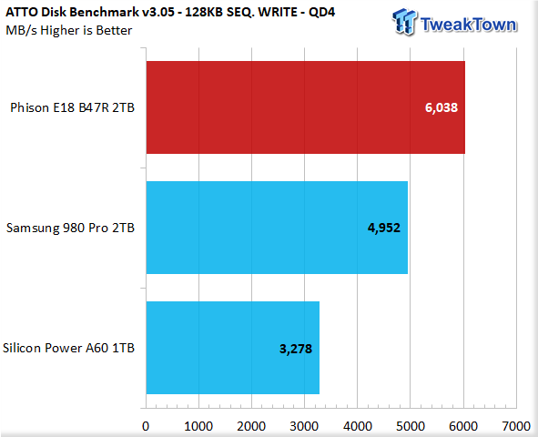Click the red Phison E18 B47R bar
[306, 107]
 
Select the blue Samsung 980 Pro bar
[277, 228]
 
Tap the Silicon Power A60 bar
[233, 348]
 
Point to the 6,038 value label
[442, 107]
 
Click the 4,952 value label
[384, 228]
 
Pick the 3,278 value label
[296, 349]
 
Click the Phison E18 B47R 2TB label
[73, 107]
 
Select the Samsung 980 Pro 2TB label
[70, 228]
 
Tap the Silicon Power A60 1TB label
[68, 348]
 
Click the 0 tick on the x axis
[146, 426]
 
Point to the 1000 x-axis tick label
[198, 426]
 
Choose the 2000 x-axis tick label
[251, 426]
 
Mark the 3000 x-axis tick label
[304, 426]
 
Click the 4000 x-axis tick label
[358, 426]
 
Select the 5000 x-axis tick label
[411, 426]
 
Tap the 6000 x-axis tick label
[463, 426]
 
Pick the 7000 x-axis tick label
[516, 426]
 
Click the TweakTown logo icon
[404, 22]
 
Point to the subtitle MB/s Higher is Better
[69, 31]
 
